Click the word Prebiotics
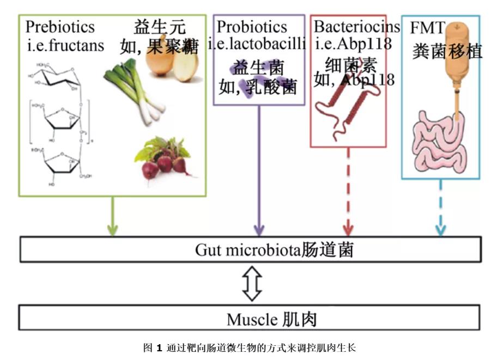[60, 27]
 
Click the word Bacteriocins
[357, 27]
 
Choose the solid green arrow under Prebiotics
[113, 216]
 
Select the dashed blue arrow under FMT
[440, 208]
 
